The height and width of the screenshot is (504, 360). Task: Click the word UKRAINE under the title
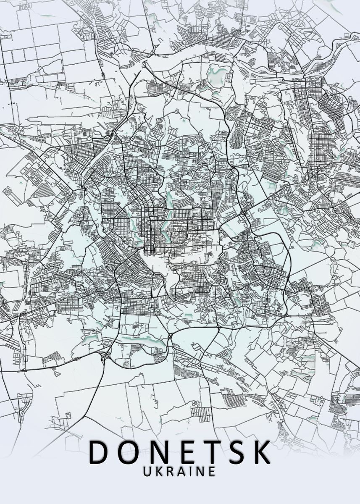tap(180, 471)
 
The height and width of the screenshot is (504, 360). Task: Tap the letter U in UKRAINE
tap(148, 471)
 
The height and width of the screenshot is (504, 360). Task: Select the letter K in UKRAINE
tap(159, 471)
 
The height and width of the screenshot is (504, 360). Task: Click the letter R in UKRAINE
tap(170, 471)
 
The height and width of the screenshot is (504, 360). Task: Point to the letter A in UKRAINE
tap(181, 471)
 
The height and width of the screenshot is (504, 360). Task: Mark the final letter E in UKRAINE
tap(211, 471)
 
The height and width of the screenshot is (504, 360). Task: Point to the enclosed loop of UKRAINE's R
tap(170, 469)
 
